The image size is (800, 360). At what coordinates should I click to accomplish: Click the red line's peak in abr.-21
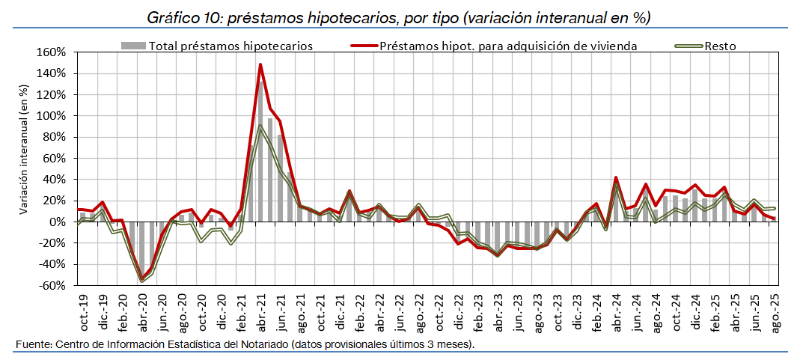click(260, 64)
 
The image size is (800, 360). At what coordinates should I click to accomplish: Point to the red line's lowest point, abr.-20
click(141, 279)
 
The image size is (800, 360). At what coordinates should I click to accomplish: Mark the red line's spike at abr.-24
click(615, 178)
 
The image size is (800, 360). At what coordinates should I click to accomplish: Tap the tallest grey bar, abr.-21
click(260, 150)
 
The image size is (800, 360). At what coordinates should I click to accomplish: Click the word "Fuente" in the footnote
click(34, 344)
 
